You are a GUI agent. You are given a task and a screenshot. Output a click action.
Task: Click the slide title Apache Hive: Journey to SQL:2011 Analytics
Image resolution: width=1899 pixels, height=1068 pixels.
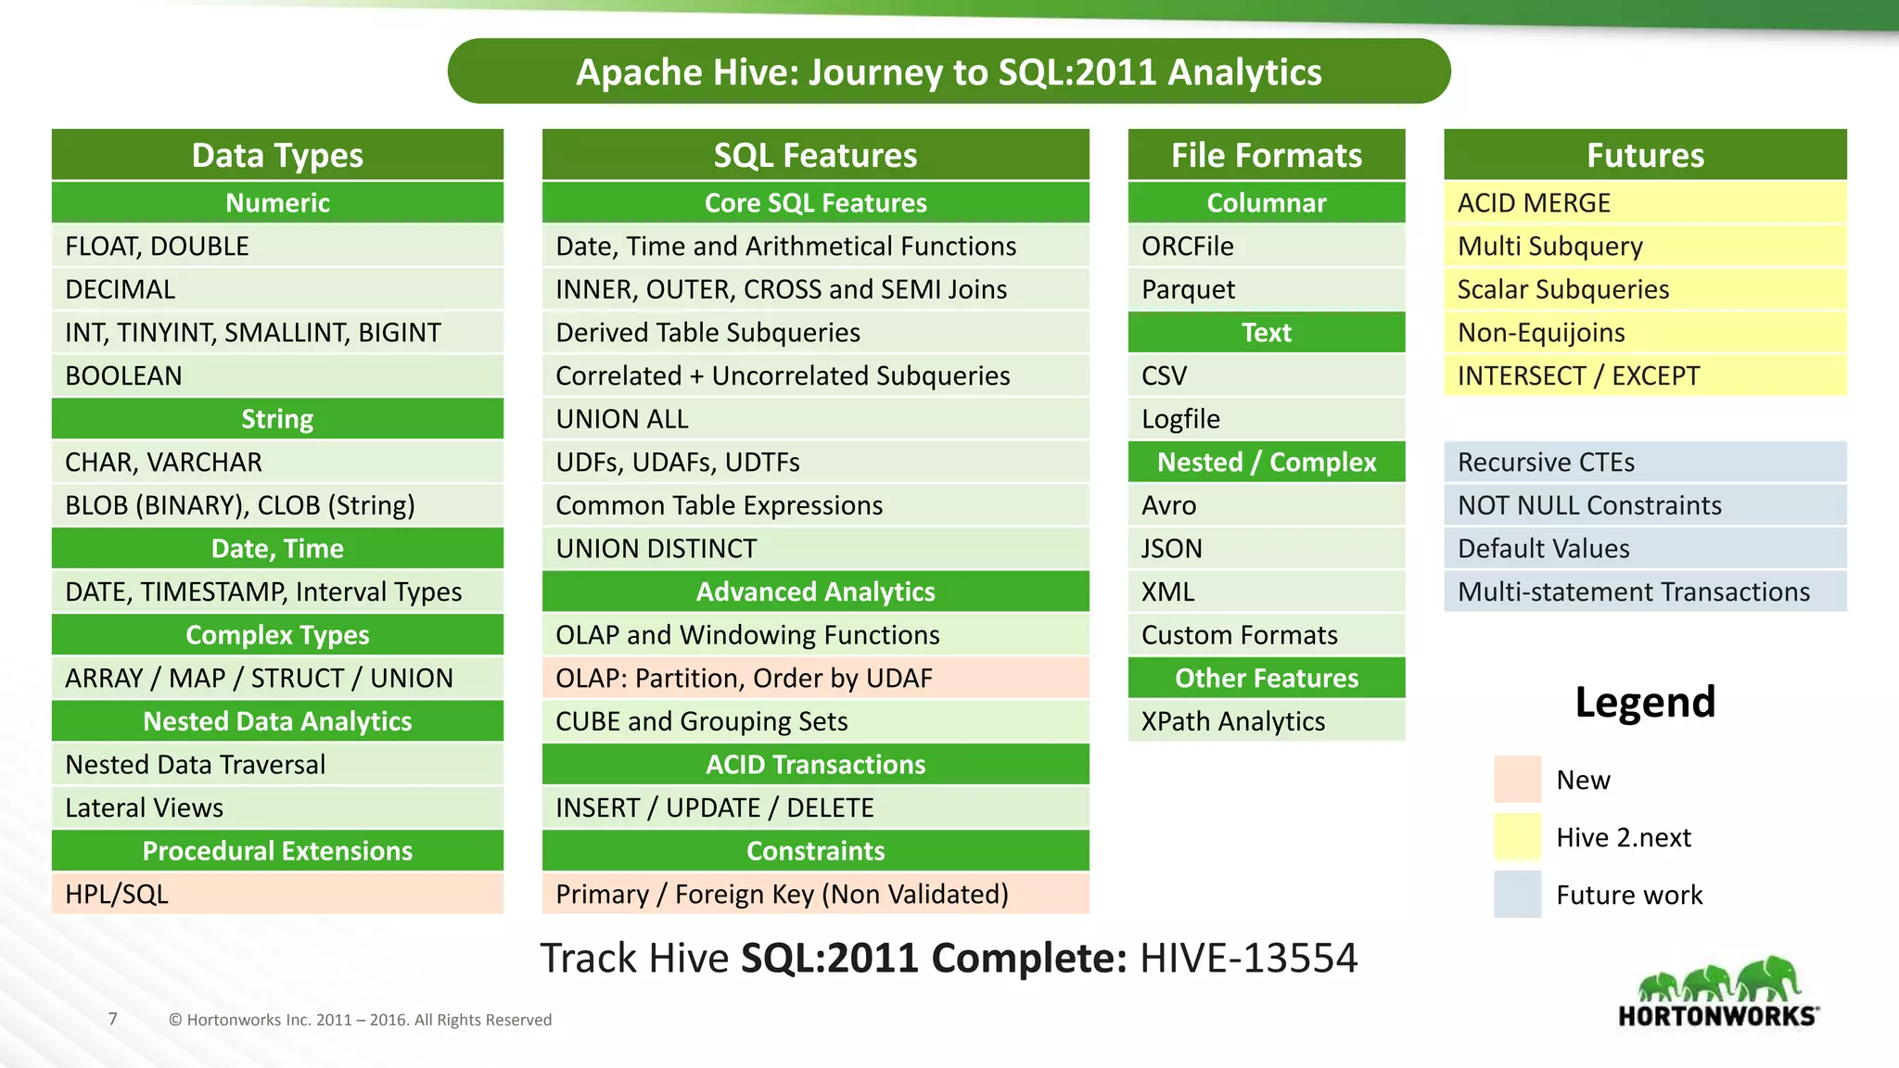(x=949, y=72)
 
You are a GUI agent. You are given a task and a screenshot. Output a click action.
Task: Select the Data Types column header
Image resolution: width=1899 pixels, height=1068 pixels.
(x=277, y=155)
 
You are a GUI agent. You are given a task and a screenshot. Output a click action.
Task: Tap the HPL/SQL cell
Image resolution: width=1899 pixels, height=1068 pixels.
(x=277, y=894)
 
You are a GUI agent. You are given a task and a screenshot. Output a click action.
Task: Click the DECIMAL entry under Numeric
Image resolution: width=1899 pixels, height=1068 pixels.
(x=277, y=289)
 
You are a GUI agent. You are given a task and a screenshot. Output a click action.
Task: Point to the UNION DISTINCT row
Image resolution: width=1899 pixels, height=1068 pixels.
(x=815, y=548)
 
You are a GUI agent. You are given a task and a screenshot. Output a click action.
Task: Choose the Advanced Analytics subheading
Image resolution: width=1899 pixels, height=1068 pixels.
(x=815, y=591)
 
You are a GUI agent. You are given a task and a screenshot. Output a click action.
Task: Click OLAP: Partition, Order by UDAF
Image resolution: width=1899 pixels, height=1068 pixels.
(x=815, y=678)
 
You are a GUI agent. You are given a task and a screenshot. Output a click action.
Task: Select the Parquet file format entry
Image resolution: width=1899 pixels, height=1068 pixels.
(x=1266, y=289)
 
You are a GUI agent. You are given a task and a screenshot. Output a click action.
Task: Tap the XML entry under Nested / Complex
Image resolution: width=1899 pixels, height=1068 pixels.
(x=1266, y=591)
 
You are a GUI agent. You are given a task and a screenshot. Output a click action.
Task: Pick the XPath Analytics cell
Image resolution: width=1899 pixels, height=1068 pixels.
(x=1266, y=721)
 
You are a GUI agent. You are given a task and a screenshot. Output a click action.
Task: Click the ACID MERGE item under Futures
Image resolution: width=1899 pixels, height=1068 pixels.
(x=1645, y=203)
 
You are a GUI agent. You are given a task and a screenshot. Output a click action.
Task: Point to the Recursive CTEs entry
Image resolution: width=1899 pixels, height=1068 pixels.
(x=1645, y=462)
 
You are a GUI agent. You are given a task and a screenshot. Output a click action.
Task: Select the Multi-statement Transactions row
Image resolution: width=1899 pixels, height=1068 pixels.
(x=1645, y=591)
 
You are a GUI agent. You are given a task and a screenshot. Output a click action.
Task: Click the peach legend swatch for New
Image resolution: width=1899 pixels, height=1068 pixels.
(x=1517, y=779)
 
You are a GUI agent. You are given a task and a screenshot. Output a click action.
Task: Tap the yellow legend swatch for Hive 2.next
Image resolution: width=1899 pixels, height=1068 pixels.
(x=1517, y=836)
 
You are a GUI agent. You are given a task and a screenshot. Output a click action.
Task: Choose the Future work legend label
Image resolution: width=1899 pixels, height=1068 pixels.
(x=1629, y=895)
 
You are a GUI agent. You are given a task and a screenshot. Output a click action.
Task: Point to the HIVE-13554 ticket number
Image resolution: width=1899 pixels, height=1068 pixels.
(x=1248, y=958)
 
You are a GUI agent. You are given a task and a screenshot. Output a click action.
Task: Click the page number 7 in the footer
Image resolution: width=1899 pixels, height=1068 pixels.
(x=113, y=1019)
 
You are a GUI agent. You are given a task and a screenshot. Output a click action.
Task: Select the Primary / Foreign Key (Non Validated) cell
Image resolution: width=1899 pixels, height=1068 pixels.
(x=815, y=894)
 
